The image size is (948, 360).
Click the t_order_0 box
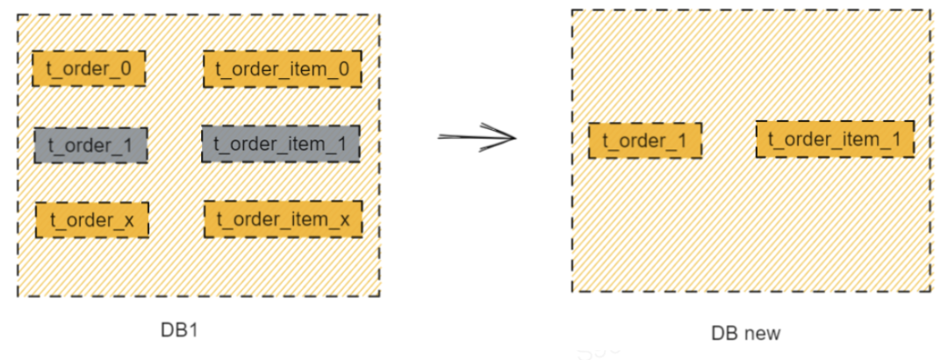tap(89, 68)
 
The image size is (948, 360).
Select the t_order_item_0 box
tap(282, 68)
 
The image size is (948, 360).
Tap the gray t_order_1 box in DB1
tap(90, 145)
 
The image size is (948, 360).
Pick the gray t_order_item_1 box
tap(281, 144)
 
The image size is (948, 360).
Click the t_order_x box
tap(92, 220)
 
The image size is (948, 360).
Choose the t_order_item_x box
tap(283, 220)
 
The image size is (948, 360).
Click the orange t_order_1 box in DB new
tap(644, 140)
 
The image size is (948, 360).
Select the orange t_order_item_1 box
tap(834, 139)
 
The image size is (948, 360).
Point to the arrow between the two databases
tap(476, 137)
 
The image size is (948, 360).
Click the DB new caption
tap(745, 334)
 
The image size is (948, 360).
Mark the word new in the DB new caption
tap(761, 334)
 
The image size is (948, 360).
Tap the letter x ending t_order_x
tap(129, 220)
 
